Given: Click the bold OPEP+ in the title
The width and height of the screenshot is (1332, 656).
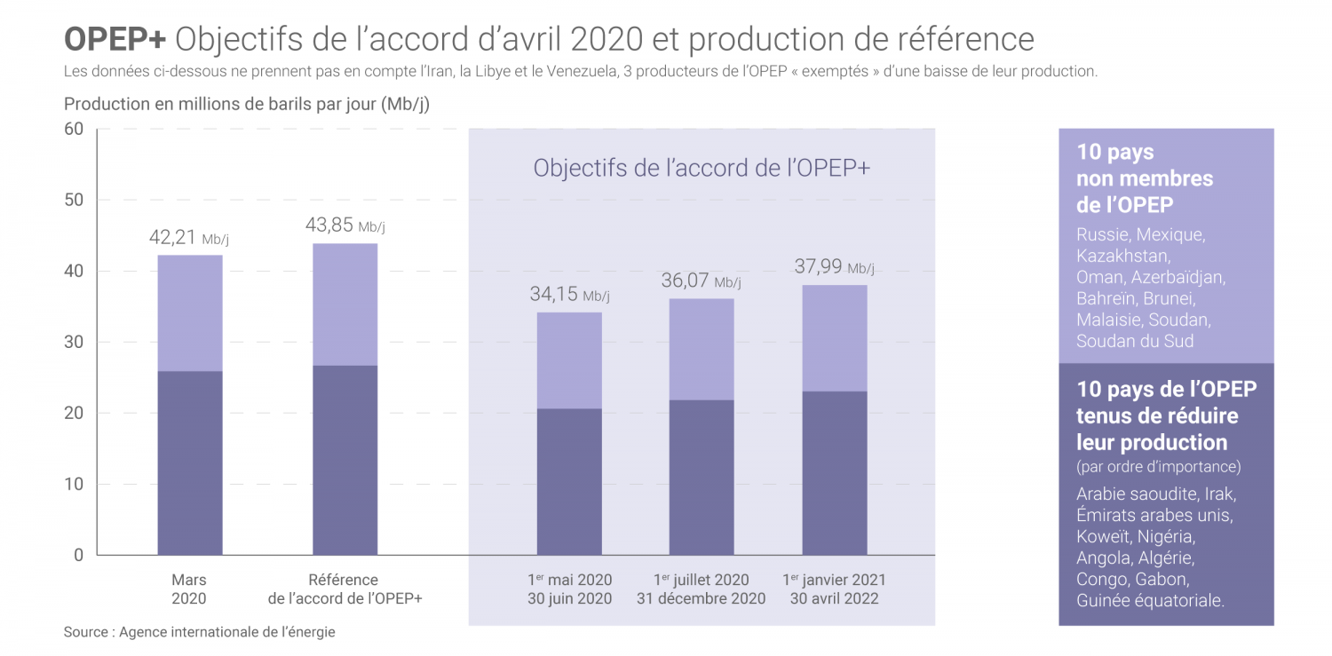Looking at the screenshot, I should (115, 40).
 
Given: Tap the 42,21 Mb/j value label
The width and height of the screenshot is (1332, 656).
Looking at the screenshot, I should (189, 238).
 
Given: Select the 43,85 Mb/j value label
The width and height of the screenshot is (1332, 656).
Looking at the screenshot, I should (345, 225).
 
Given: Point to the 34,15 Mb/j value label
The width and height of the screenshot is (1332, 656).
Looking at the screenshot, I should (569, 295).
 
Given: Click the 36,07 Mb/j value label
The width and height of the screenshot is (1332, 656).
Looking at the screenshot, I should (701, 281).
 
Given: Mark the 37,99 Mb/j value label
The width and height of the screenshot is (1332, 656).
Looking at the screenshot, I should (834, 266).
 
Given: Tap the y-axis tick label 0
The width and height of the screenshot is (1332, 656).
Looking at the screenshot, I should (78, 556).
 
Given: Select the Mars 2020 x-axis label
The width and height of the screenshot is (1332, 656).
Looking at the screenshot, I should (189, 589).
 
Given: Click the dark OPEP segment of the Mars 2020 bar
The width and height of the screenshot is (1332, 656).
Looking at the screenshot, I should (190, 462).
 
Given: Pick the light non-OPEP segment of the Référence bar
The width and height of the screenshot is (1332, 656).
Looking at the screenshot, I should (345, 304).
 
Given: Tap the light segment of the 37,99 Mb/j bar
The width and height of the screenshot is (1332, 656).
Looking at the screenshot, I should (835, 338).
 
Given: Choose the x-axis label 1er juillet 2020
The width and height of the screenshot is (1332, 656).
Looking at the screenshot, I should (701, 581).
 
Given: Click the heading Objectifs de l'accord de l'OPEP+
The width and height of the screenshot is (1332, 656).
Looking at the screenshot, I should (701, 168).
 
